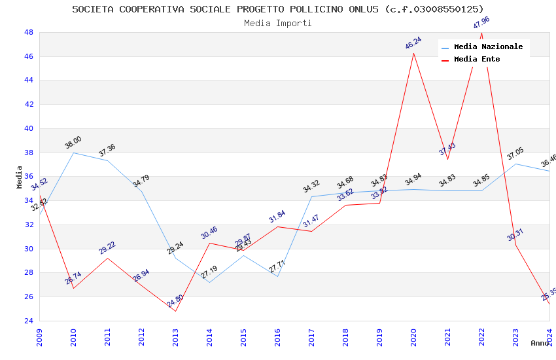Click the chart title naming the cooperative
click(x=278, y=9)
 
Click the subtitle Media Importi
click(x=278, y=24)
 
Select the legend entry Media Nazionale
click(x=488, y=47)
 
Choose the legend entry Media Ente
click(x=477, y=60)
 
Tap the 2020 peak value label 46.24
click(x=413, y=43)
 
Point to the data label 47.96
click(x=481, y=23)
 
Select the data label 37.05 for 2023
click(x=515, y=154)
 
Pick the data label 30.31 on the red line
click(x=515, y=235)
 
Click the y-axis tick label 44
click(x=29, y=81)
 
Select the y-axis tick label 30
click(x=29, y=249)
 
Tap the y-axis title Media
click(x=20, y=177)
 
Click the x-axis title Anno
click(x=540, y=343)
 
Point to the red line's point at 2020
click(x=413, y=53)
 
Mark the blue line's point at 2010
click(x=73, y=153)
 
